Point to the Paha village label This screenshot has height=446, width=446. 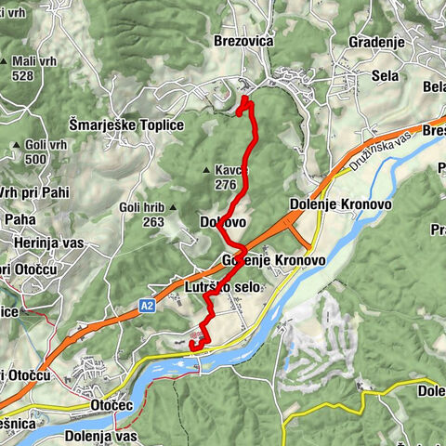20,219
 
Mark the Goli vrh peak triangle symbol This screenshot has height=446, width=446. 17,146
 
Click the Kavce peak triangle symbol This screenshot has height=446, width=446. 206,170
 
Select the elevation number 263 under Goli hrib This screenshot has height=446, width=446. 153,222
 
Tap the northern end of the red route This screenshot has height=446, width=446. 244,98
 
